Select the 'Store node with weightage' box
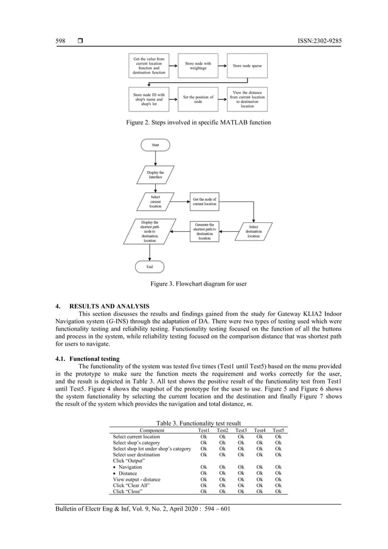tap(198, 65)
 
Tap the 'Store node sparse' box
tap(247, 65)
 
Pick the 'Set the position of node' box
tap(198, 99)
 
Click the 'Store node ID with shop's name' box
tap(148, 99)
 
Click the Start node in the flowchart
tap(155, 144)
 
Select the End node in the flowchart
tap(150, 267)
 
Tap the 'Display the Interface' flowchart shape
tap(155, 175)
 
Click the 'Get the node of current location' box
tap(204, 201)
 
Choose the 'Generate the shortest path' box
tap(204, 231)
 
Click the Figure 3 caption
tap(194, 284)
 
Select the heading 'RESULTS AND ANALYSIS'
tap(109, 306)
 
